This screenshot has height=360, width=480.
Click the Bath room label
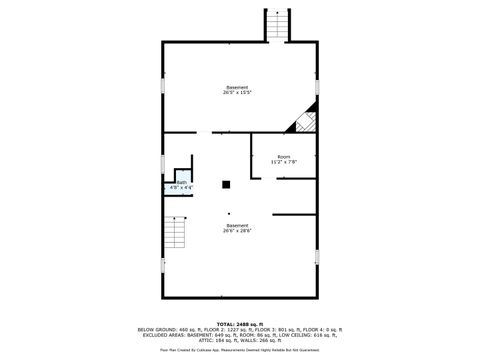[x=182, y=182]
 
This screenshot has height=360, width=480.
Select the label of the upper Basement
[x=237, y=87]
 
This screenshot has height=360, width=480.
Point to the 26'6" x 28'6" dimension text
[x=238, y=230]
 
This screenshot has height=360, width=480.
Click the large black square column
[x=227, y=183]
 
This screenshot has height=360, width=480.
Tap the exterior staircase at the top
[x=276, y=24]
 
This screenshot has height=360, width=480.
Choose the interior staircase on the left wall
[x=174, y=233]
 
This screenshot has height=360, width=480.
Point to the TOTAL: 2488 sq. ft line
[x=240, y=324]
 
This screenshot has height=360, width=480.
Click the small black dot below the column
[x=228, y=213]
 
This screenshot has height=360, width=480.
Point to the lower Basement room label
[x=238, y=225]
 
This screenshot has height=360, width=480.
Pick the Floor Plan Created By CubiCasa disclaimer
[x=240, y=349]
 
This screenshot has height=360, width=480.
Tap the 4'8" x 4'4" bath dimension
[x=182, y=187]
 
